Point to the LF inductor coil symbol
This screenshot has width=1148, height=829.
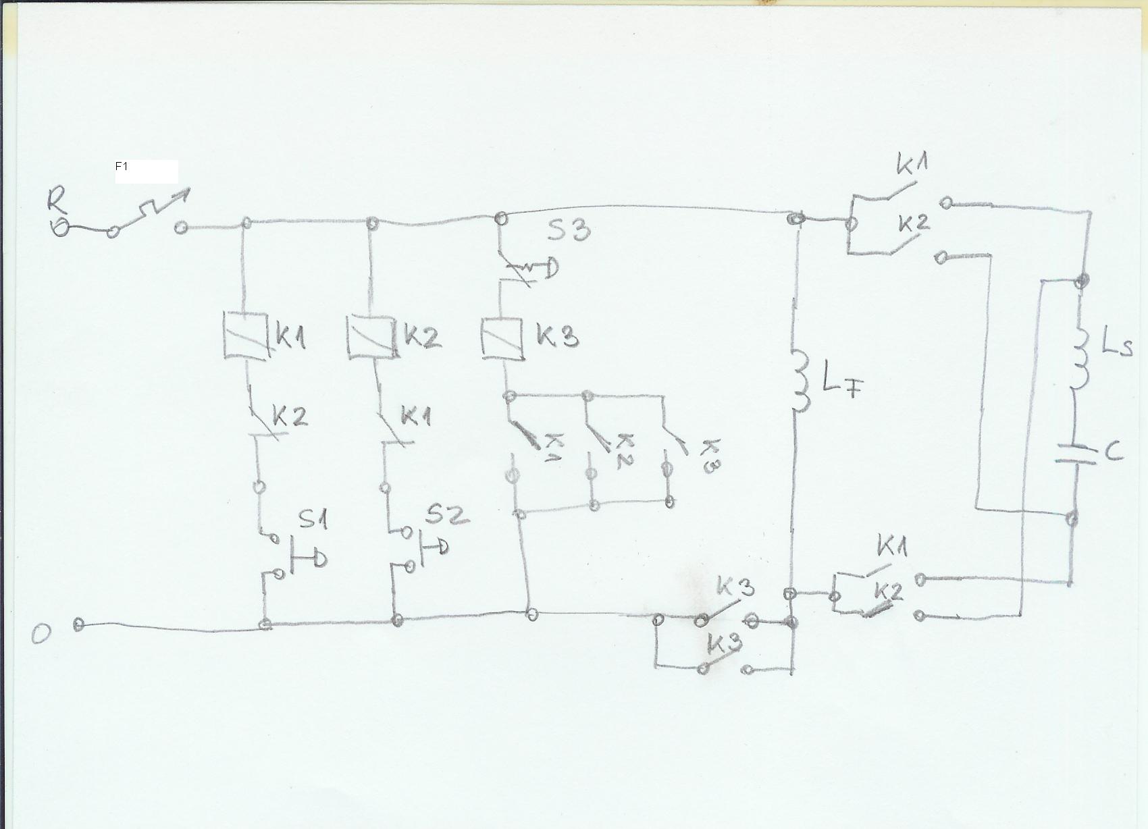(x=801, y=380)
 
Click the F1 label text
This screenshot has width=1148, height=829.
(x=122, y=166)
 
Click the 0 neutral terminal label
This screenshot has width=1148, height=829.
(x=41, y=634)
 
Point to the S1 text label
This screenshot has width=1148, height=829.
(x=313, y=519)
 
